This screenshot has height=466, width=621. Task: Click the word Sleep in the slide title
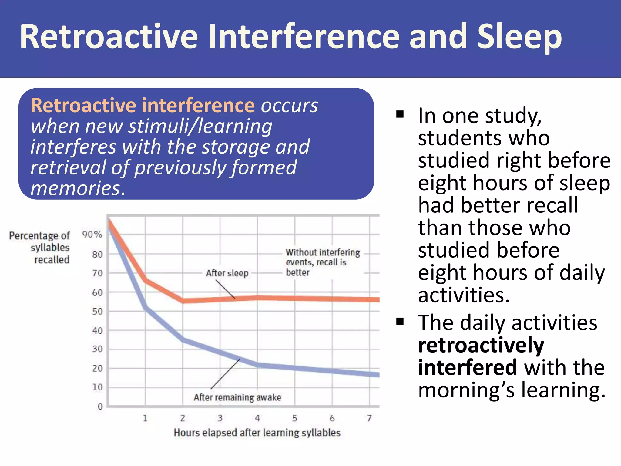tap(519, 37)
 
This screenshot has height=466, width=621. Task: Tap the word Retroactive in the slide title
tap(109, 37)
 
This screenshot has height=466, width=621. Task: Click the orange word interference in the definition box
tap(198, 106)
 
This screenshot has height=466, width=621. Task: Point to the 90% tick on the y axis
tap(92, 234)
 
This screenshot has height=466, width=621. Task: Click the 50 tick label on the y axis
tap(97, 312)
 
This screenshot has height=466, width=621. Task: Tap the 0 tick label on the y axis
tap(100, 407)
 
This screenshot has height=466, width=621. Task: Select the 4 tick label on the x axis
tap(257, 418)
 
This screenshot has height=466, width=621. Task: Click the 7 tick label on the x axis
tap(369, 418)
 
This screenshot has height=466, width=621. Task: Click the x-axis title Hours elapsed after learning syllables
tap(257, 433)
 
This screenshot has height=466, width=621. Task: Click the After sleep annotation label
tap(227, 273)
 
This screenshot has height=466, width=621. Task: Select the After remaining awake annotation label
tap(237, 397)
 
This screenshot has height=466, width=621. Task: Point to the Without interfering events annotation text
tap(322, 262)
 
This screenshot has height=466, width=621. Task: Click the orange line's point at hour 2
tap(183, 301)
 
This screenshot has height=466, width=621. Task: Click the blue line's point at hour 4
tap(258, 364)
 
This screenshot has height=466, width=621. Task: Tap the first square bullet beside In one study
tap(400, 114)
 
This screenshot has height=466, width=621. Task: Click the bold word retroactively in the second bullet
tap(481, 345)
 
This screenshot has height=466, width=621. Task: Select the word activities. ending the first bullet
tap(464, 295)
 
